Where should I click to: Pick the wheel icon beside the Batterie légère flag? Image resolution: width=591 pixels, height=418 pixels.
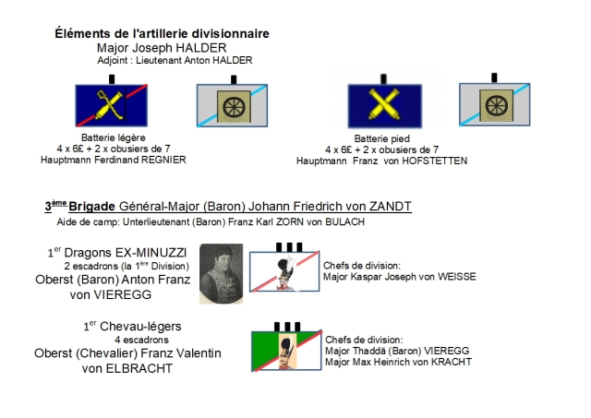[231, 105]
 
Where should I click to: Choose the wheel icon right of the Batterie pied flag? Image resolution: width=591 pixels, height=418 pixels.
[495, 105]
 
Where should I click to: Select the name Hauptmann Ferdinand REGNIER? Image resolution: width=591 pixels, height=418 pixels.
[114, 160]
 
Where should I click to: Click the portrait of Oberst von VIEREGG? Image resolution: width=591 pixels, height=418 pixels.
[221, 274]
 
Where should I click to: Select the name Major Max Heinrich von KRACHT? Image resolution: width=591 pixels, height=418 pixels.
[398, 361]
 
